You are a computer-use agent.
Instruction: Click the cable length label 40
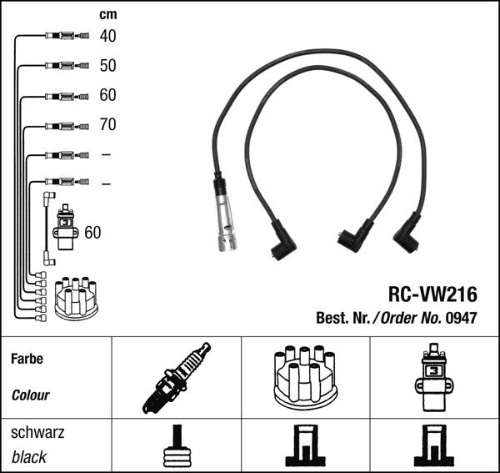click(107, 36)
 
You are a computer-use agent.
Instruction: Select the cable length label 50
click(107, 65)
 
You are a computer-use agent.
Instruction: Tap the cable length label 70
click(107, 125)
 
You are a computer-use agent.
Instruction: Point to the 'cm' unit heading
click(107, 14)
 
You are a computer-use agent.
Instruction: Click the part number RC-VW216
click(432, 294)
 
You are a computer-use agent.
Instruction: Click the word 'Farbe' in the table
click(26, 359)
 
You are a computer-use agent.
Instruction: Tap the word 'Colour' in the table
click(31, 395)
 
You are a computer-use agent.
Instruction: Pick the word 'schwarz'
click(37, 433)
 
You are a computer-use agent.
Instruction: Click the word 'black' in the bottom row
click(29, 457)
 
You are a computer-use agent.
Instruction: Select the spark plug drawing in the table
click(176, 378)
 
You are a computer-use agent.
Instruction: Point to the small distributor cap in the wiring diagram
click(76, 296)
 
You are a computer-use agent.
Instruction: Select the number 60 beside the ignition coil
click(92, 232)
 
